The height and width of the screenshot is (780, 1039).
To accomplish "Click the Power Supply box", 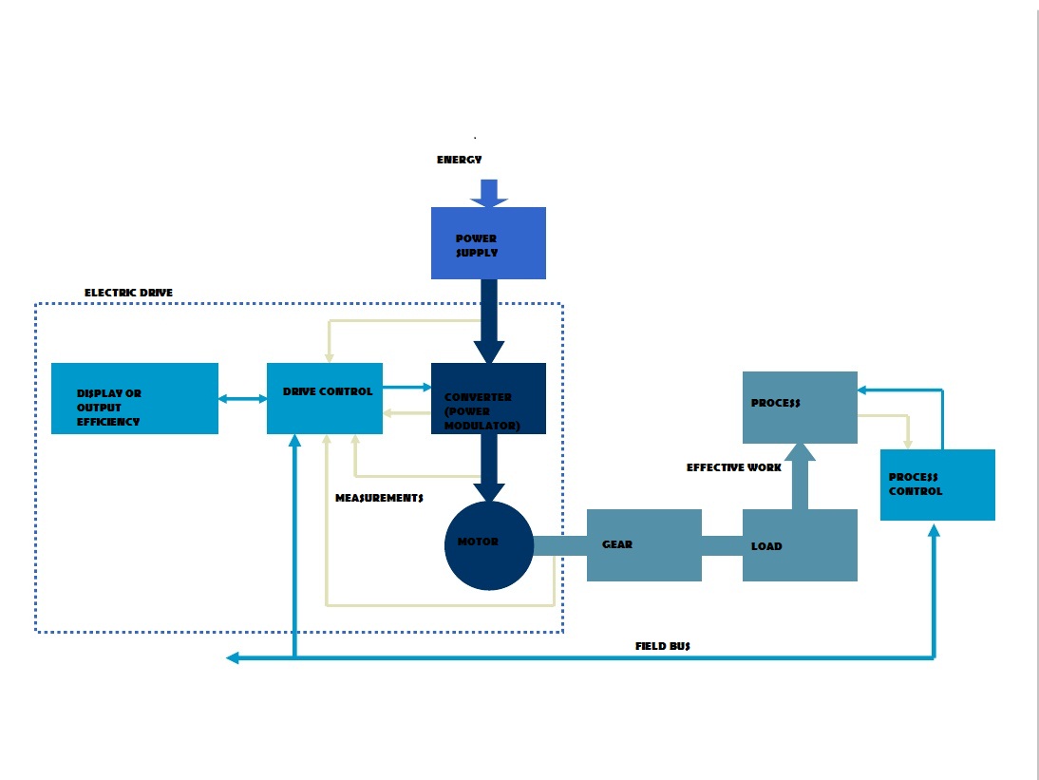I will pyautogui.click(x=488, y=243).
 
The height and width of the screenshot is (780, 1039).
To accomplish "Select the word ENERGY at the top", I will pyautogui.click(x=460, y=160).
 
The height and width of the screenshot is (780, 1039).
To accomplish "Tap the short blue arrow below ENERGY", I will pyautogui.click(x=489, y=194).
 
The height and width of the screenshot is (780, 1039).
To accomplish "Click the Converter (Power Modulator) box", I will pyautogui.click(x=488, y=399).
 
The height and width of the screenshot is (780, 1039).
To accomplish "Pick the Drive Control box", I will pyautogui.click(x=325, y=399).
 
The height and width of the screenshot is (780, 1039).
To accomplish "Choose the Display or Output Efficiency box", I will pyautogui.click(x=135, y=399).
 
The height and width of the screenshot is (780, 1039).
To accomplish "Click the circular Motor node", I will pyautogui.click(x=489, y=545).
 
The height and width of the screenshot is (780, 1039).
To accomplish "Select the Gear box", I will pyautogui.click(x=644, y=545).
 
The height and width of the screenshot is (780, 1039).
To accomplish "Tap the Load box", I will pyautogui.click(x=800, y=545).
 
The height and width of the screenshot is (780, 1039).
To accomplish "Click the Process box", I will pyautogui.click(x=800, y=408).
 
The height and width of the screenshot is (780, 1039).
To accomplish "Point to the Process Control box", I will pyautogui.click(x=937, y=485).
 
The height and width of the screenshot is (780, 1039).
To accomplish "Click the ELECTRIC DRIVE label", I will pyautogui.click(x=128, y=293).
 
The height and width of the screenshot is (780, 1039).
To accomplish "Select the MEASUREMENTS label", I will pyautogui.click(x=379, y=498).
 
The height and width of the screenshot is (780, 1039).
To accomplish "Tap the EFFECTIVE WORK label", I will pyautogui.click(x=734, y=468).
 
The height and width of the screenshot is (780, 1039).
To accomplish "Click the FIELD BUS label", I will pyautogui.click(x=663, y=646).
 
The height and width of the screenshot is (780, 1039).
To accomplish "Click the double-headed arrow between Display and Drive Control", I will pyautogui.click(x=243, y=399).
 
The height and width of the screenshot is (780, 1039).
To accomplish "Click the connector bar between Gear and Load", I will pyautogui.click(x=722, y=545).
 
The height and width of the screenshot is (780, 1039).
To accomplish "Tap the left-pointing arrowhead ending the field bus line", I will pyautogui.click(x=233, y=657).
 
